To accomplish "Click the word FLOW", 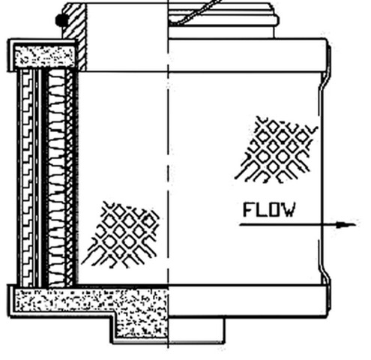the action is click(269, 209).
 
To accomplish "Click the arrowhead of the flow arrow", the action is click(347, 225).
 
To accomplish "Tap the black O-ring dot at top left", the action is click(61, 20).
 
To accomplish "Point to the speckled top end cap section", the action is click(44, 56).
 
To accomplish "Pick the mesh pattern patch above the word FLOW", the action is click(277, 149).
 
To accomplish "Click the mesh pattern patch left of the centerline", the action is click(121, 235).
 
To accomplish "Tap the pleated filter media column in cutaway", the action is click(56, 178).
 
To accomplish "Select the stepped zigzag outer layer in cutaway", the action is click(28, 178).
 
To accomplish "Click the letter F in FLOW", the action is click(248, 209).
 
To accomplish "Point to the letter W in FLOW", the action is click(289, 209).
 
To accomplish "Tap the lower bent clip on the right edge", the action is click(324, 275).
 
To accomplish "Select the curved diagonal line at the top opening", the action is click(197, 13).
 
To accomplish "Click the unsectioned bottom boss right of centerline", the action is click(196, 329).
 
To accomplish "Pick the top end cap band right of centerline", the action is click(247, 55).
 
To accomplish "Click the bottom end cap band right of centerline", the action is click(247, 301).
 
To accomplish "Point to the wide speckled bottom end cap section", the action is click(91, 301).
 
